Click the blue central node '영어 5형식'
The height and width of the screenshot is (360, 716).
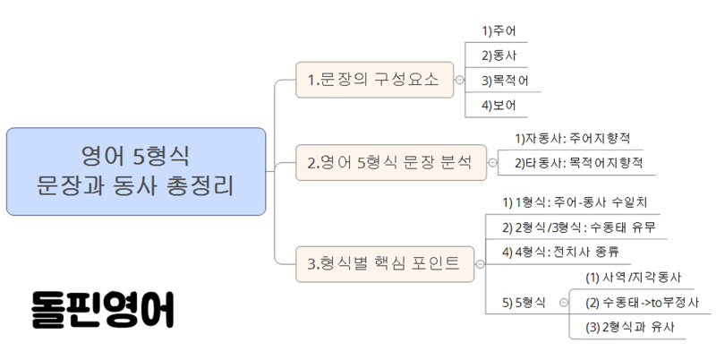coord(136,171)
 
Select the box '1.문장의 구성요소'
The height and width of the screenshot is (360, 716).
coord(374,80)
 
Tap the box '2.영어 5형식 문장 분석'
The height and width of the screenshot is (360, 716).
coord(391,163)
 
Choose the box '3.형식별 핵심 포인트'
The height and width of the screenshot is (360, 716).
coord(385,264)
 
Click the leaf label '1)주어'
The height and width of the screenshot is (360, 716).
coord(499,31)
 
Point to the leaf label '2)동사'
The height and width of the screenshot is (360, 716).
coord(499,56)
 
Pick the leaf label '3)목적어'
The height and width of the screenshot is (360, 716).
coord(505,81)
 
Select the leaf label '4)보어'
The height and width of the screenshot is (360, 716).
coord(499,106)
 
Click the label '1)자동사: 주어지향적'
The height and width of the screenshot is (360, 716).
coord(573,139)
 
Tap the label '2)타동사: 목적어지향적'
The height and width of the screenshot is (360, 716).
coord(578,163)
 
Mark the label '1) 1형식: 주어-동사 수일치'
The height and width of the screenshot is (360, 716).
coord(575,202)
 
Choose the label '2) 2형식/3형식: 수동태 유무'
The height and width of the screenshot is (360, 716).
coord(578,227)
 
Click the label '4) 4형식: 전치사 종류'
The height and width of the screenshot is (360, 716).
coord(561,253)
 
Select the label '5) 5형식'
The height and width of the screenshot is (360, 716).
coord(524,303)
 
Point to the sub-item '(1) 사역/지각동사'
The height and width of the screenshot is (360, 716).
coord(634,278)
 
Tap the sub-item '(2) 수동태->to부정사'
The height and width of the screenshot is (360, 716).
coord(642,303)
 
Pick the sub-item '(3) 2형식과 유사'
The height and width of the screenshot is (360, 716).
coord(630,327)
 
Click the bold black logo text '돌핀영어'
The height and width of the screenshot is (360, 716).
coord(103,309)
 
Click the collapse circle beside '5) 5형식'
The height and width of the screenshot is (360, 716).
coord(564,303)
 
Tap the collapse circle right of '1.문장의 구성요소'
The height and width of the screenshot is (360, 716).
coord(459,80)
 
